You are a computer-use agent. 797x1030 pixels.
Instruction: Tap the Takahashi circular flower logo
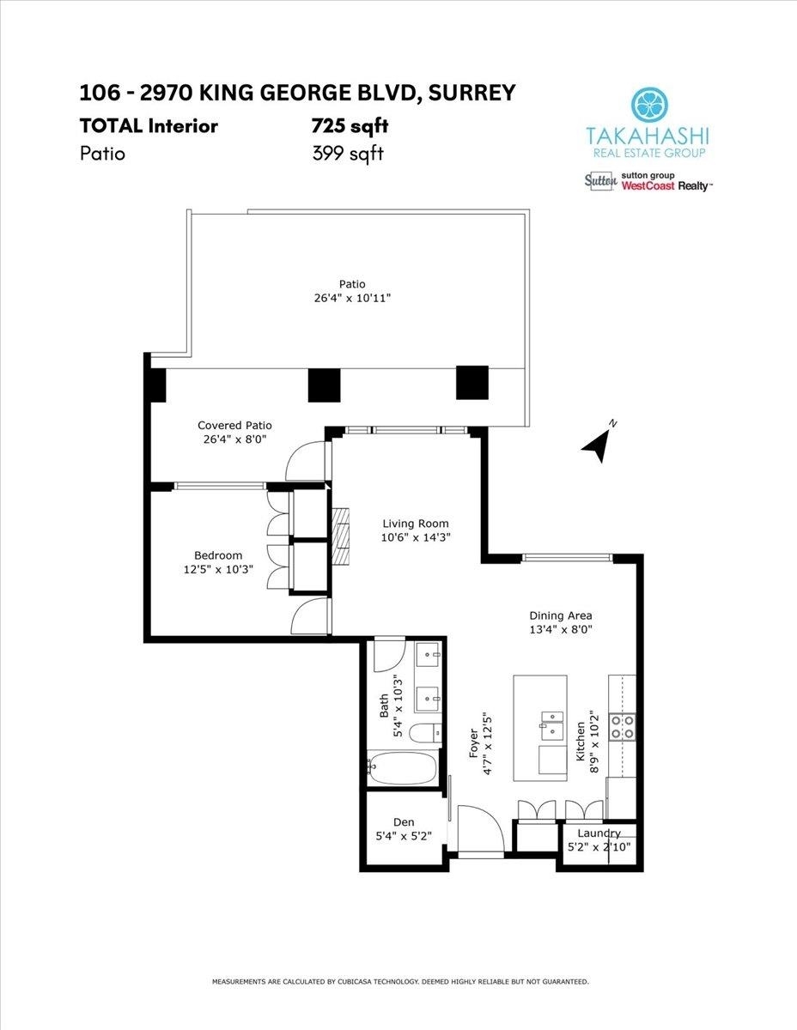[650, 105]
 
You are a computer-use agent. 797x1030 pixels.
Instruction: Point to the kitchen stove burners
[622, 728]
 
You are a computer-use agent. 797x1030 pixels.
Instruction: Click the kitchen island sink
[552, 724]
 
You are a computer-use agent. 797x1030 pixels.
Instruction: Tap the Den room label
[404, 822]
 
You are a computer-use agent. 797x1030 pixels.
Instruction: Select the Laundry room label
[599, 833]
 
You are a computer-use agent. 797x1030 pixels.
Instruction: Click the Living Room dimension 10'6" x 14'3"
[416, 537]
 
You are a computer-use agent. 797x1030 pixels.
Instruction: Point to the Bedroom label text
[218, 555]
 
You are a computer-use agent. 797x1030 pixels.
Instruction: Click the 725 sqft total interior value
[350, 126]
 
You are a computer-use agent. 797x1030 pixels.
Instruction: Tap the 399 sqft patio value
[348, 154]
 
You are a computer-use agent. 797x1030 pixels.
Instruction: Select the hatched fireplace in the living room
[340, 536]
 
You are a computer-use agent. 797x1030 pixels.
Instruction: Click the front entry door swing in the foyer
[480, 828]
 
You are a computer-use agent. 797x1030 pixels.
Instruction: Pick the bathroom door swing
[389, 656]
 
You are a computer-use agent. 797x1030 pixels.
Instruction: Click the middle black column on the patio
[325, 385]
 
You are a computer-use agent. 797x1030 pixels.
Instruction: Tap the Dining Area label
[561, 615]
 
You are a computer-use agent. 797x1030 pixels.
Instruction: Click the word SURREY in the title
[472, 93]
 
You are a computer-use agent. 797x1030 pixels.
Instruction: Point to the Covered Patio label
[234, 425]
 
